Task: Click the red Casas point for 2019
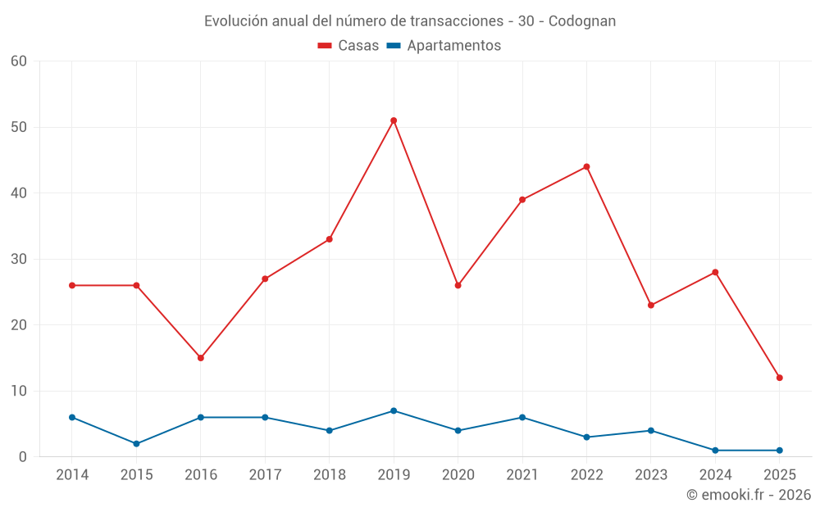click(x=394, y=120)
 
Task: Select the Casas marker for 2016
click(x=201, y=358)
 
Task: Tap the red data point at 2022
click(x=586, y=167)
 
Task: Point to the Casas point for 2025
click(x=780, y=378)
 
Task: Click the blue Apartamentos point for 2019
click(x=394, y=410)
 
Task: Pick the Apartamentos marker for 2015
click(x=136, y=444)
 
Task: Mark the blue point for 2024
click(x=715, y=451)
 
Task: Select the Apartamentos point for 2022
click(x=586, y=437)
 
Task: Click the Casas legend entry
click(x=348, y=46)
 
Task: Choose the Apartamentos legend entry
click(x=444, y=46)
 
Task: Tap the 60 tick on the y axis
click(x=19, y=61)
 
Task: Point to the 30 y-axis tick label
click(x=19, y=259)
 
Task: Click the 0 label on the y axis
click(x=23, y=457)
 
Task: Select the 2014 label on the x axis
click(x=72, y=475)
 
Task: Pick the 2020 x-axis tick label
click(x=458, y=475)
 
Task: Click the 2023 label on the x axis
click(x=651, y=475)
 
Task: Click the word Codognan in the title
click(x=581, y=21)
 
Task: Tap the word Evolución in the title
click(x=235, y=21)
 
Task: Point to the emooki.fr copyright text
click(x=748, y=495)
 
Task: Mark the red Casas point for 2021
click(x=522, y=200)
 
